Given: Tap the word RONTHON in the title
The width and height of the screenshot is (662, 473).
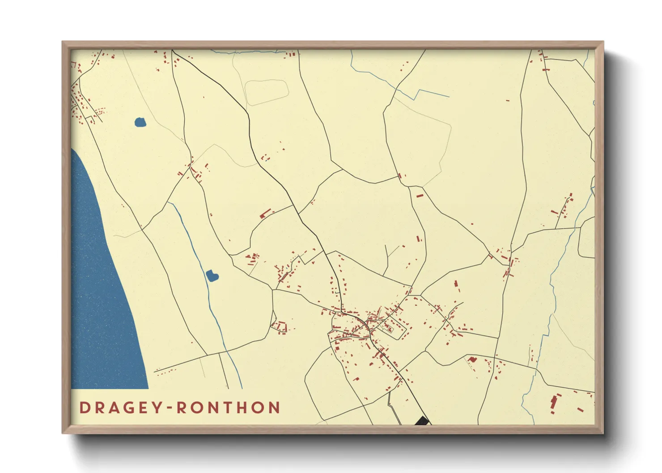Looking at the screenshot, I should [x=229, y=408].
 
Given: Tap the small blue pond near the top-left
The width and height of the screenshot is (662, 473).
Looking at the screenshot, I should [x=140, y=122].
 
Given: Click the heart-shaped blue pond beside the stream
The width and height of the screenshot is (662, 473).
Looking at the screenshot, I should [x=212, y=276].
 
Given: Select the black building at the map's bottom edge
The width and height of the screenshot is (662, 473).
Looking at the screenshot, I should [x=422, y=421].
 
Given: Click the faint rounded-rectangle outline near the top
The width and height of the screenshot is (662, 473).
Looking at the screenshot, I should [x=267, y=93].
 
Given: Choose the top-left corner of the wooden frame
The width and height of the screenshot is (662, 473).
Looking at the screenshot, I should [x=63, y=42].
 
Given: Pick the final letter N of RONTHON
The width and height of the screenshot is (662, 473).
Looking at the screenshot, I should [x=274, y=408].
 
